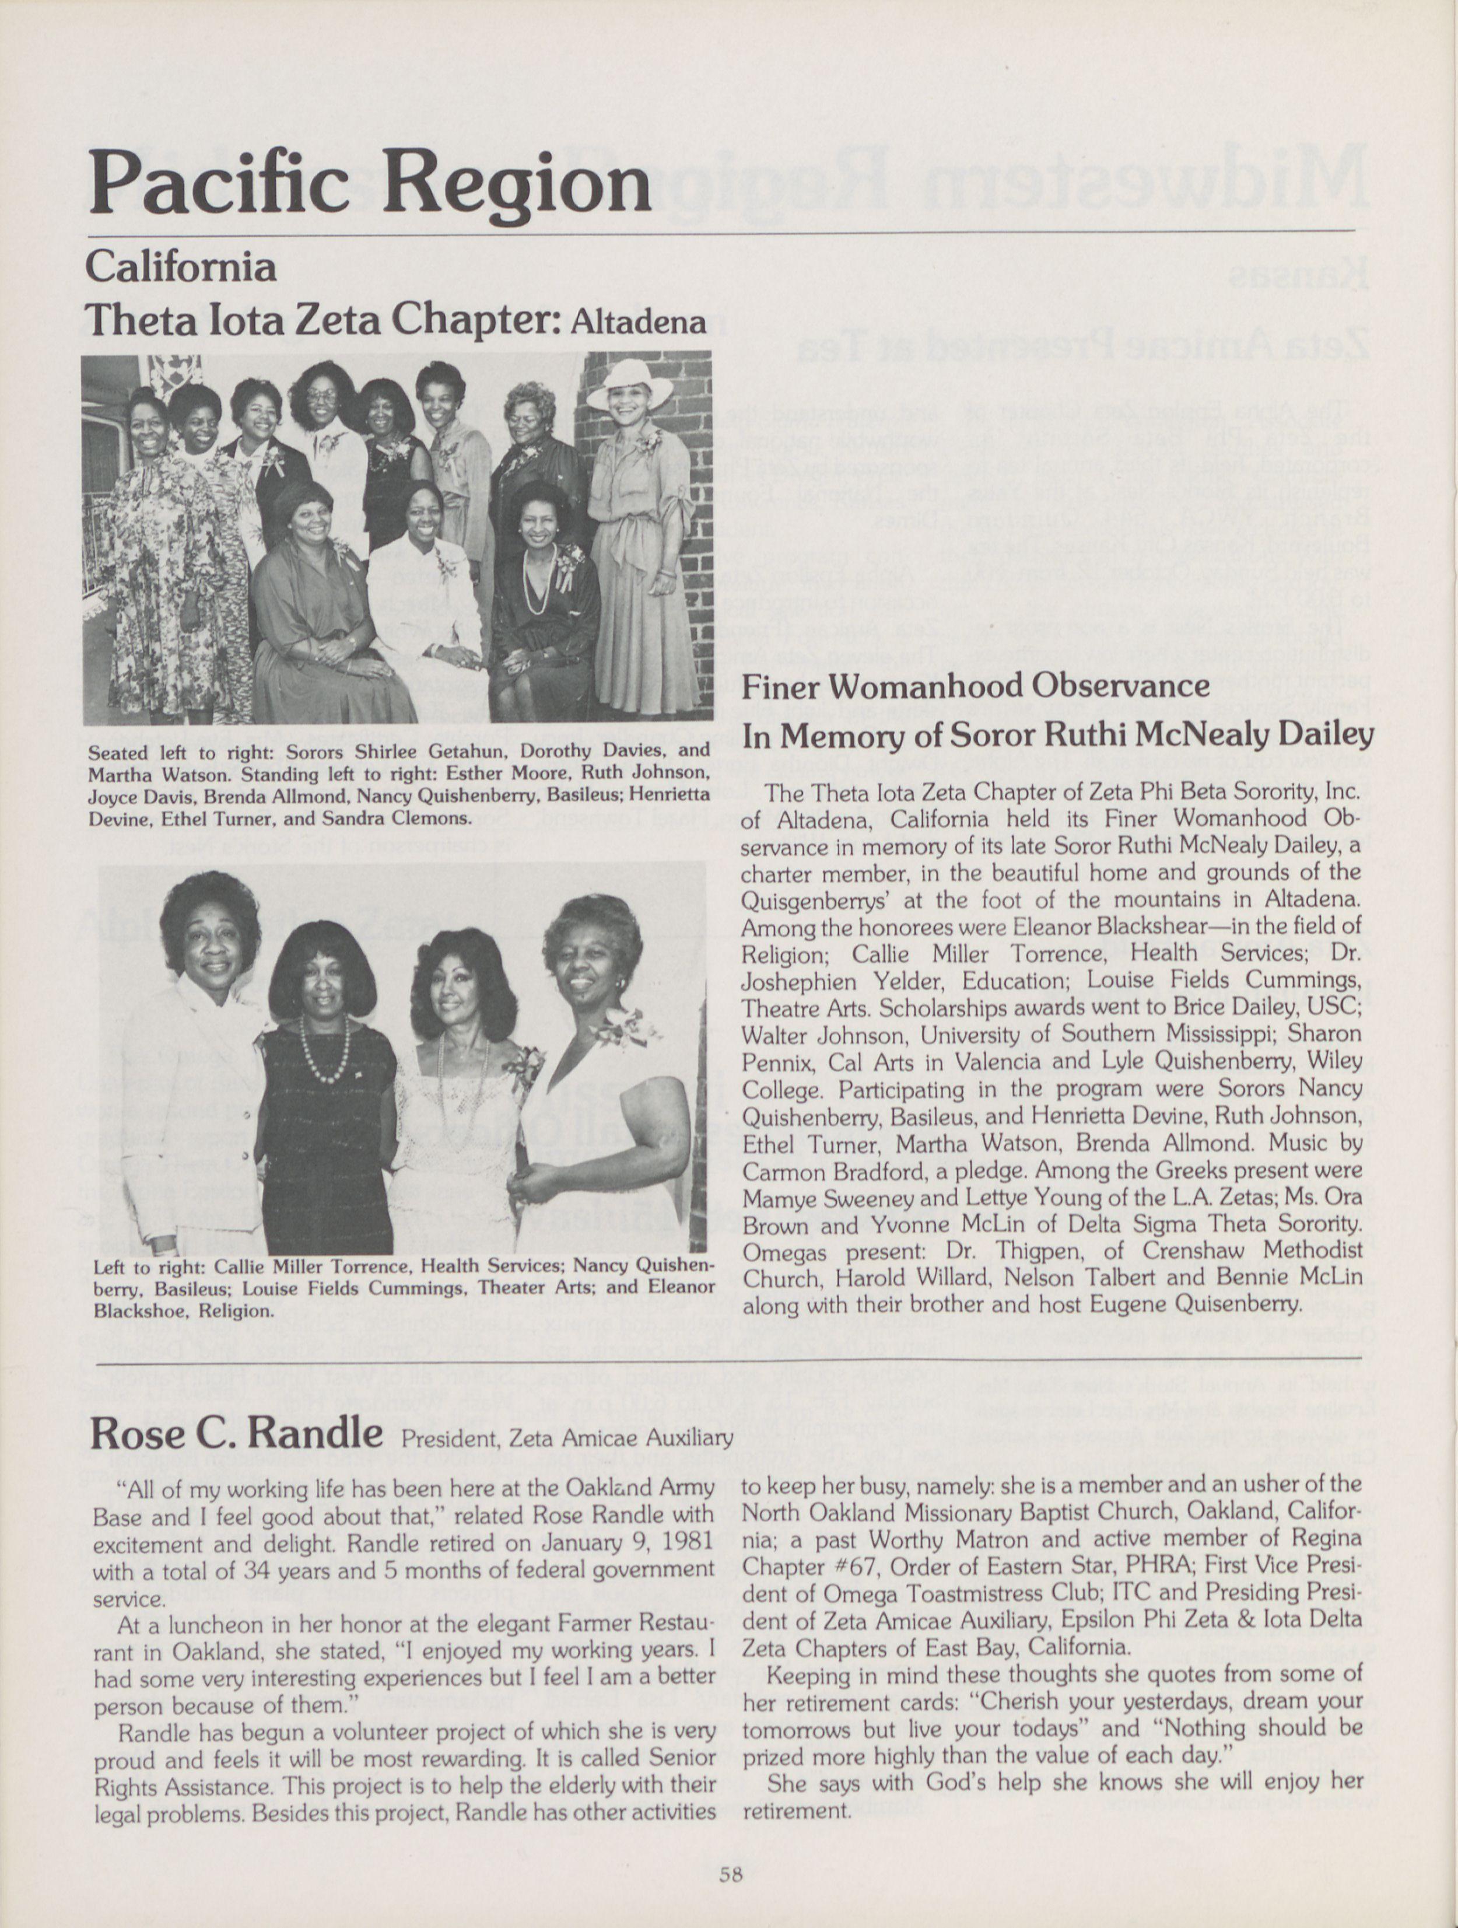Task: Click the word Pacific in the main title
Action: (x=218, y=183)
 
